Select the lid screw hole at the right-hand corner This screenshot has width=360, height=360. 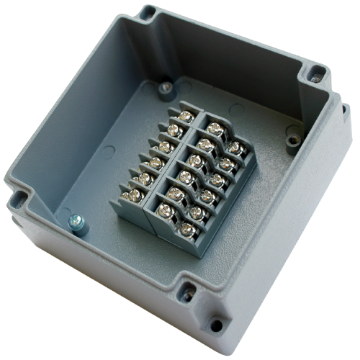pyautogui.click(x=315, y=73)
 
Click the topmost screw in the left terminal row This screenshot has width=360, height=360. pyautogui.click(x=185, y=115)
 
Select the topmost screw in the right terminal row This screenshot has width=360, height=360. pyautogui.click(x=234, y=148)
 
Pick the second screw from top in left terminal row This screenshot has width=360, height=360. pyautogui.click(x=174, y=130)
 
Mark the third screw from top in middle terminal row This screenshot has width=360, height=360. pyautogui.click(x=195, y=161)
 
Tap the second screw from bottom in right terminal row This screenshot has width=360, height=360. pyautogui.click(x=207, y=196)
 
